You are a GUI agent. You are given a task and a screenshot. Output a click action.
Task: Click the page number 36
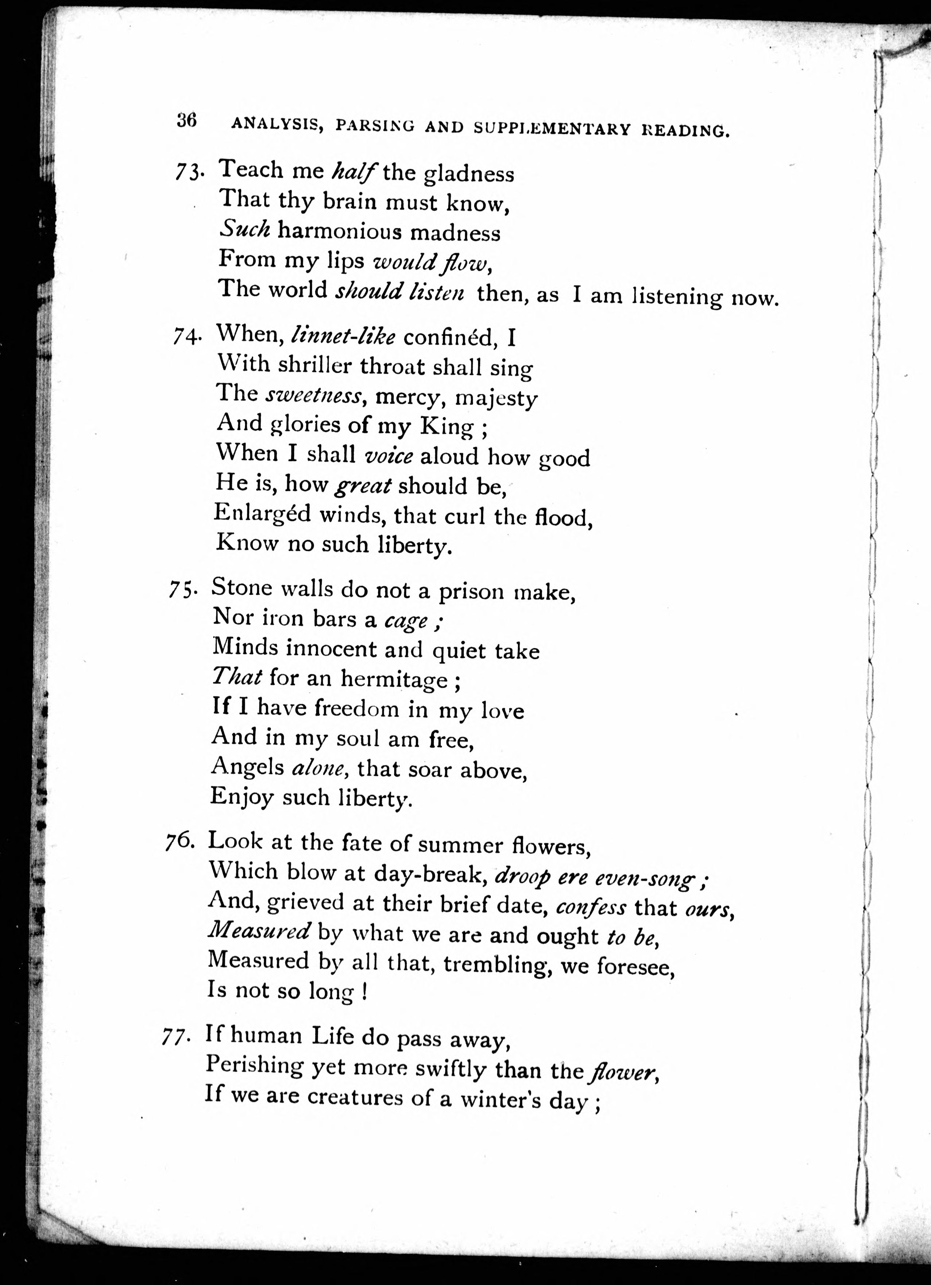point(186,121)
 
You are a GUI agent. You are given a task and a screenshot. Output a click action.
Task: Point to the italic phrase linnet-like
point(343,337)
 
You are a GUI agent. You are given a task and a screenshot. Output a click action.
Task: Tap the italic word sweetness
point(313,395)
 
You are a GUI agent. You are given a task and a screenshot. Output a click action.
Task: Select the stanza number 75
point(182,591)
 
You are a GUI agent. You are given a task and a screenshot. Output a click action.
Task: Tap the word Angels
point(247,767)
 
